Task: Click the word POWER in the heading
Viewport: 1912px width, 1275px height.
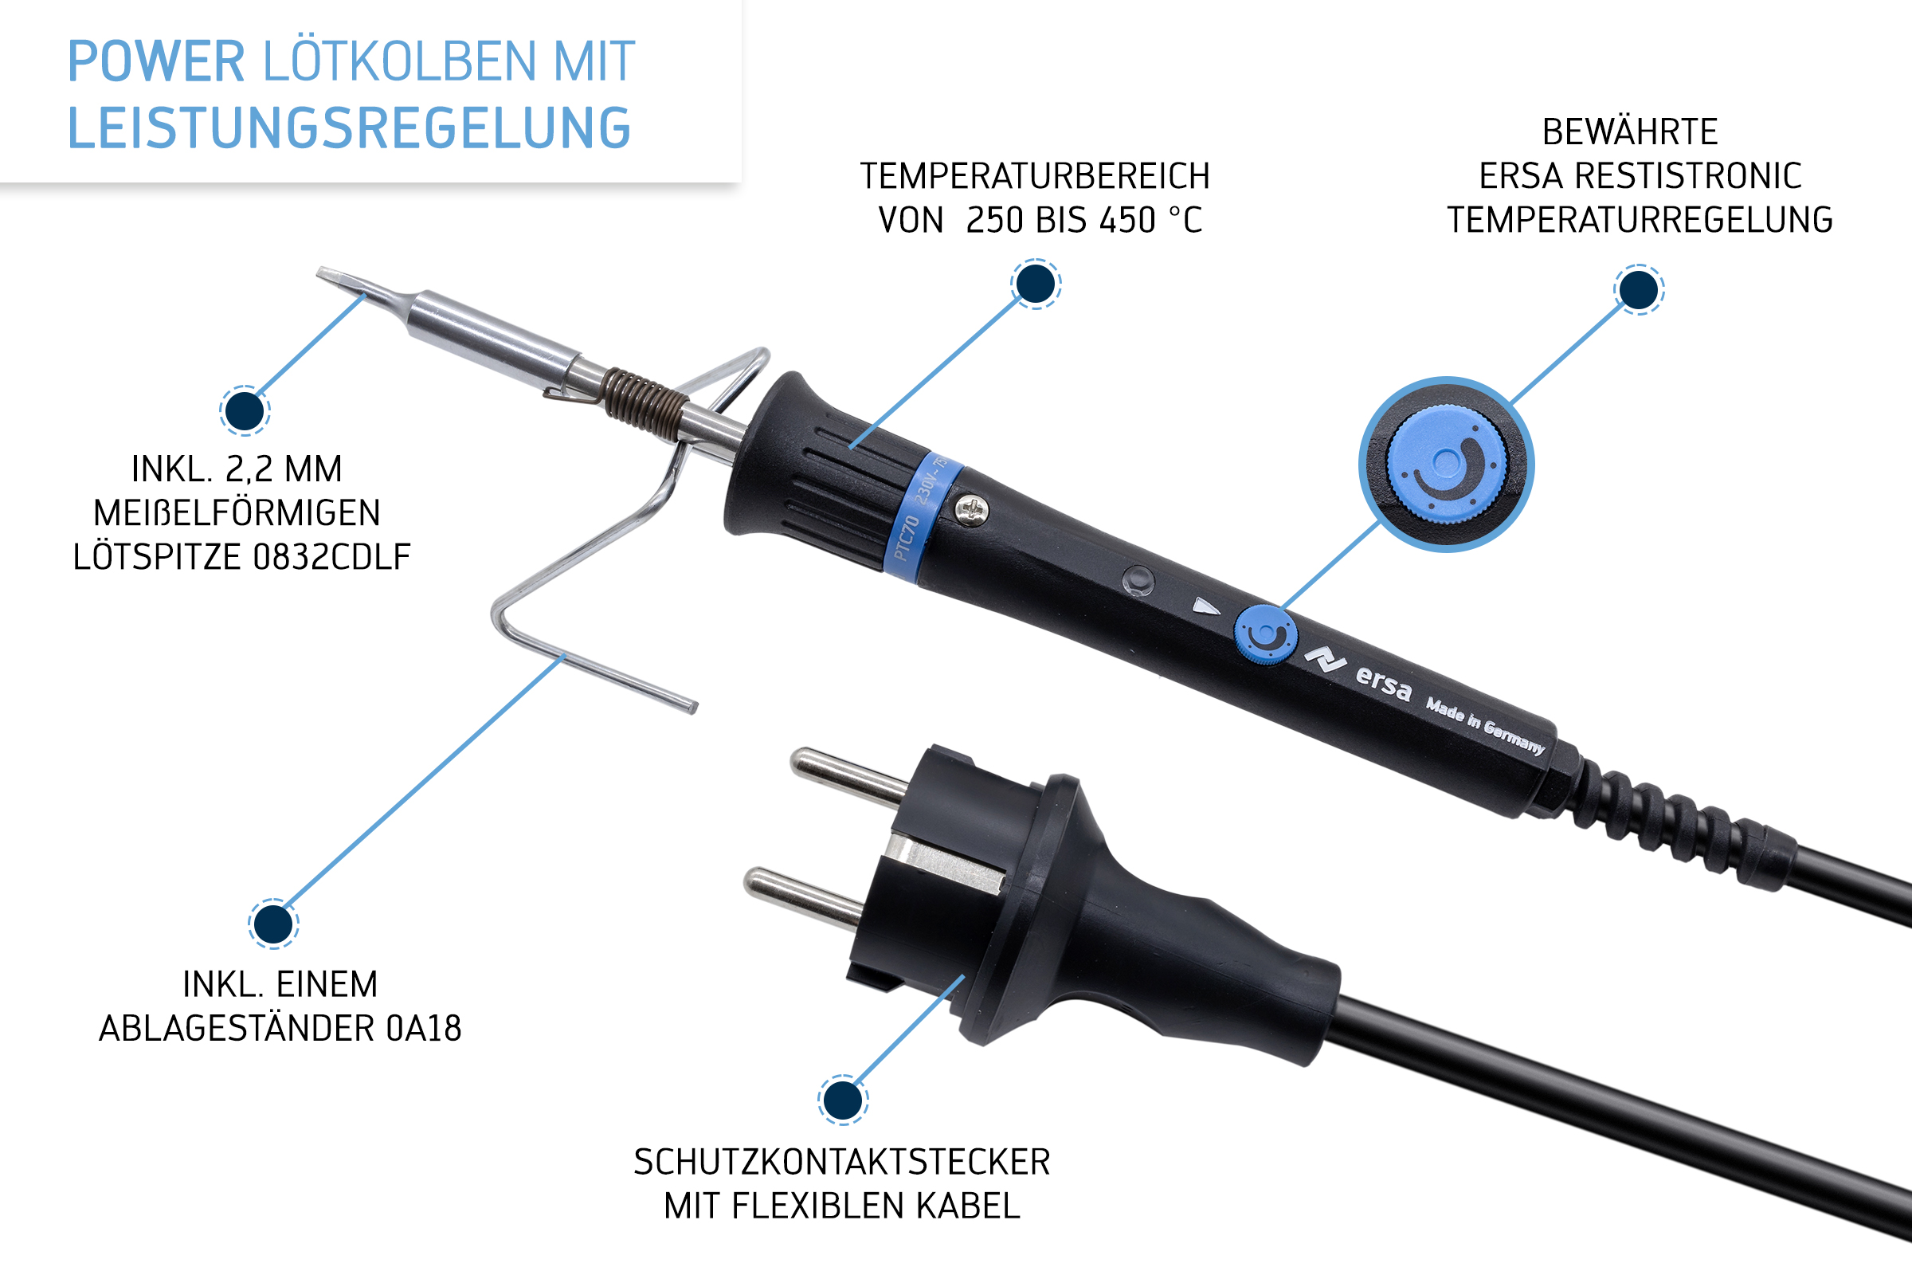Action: coord(155,62)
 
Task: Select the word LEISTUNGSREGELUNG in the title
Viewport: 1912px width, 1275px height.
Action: coord(349,128)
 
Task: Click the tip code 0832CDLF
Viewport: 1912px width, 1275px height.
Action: coord(331,557)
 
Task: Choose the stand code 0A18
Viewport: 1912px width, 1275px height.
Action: coord(424,1029)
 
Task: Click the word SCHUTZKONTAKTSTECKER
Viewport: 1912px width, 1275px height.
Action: coord(841,1162)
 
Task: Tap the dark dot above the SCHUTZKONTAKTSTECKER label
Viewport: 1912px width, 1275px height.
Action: coord(842,1100)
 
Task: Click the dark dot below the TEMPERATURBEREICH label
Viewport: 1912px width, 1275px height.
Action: coord(1036,284)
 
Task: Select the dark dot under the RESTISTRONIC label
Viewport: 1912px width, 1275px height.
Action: coord(1639,289)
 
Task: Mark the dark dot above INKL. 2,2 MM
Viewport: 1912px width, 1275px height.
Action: coord(245,410)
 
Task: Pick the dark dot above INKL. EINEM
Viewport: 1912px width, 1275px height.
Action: coord(273,924)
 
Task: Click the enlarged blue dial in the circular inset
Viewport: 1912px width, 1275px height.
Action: coord(1446,465)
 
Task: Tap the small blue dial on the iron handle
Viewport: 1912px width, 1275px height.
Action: coord(1265,634)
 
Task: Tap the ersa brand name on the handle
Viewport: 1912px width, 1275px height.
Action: coord(1384,683)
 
